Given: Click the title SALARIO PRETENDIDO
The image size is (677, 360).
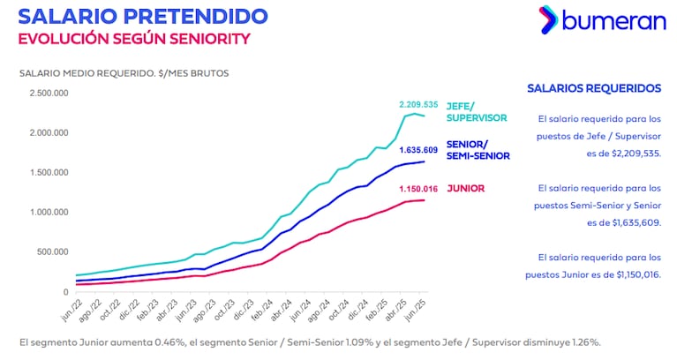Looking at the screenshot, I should (143, 16).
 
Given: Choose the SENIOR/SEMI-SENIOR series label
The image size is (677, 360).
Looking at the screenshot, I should (478, 150).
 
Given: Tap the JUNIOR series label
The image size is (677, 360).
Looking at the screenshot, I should (464, 188).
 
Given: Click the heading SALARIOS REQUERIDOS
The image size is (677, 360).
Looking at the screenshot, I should (593, 88).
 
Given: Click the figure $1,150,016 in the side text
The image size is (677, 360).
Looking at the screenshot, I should (632, 274).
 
